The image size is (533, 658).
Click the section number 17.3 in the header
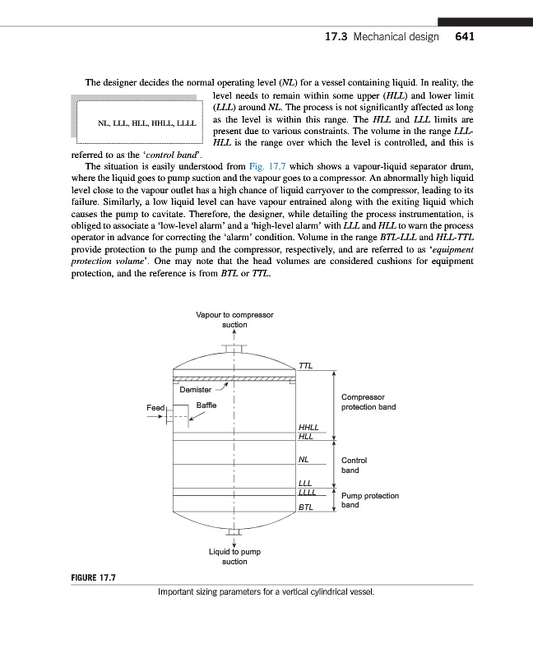click(x=336, y=37)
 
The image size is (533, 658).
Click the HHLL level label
click(x=309, y=428)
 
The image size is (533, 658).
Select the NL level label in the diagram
click(x=304, y=461)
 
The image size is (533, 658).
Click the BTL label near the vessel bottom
click(x=306, y=508)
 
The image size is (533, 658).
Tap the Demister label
click(x=196, y=389)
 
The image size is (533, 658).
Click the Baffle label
click(x=208, y=405)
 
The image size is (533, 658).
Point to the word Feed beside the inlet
click(x=155, y=408)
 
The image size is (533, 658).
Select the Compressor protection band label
click(x=368, y=401)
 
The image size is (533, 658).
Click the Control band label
click(x=355, y=466)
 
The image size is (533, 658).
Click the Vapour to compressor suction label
click(x=235, y=319)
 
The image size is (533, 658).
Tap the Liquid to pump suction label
click(x=234, y=556)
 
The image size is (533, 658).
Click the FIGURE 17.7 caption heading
click(x=92, y=578)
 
